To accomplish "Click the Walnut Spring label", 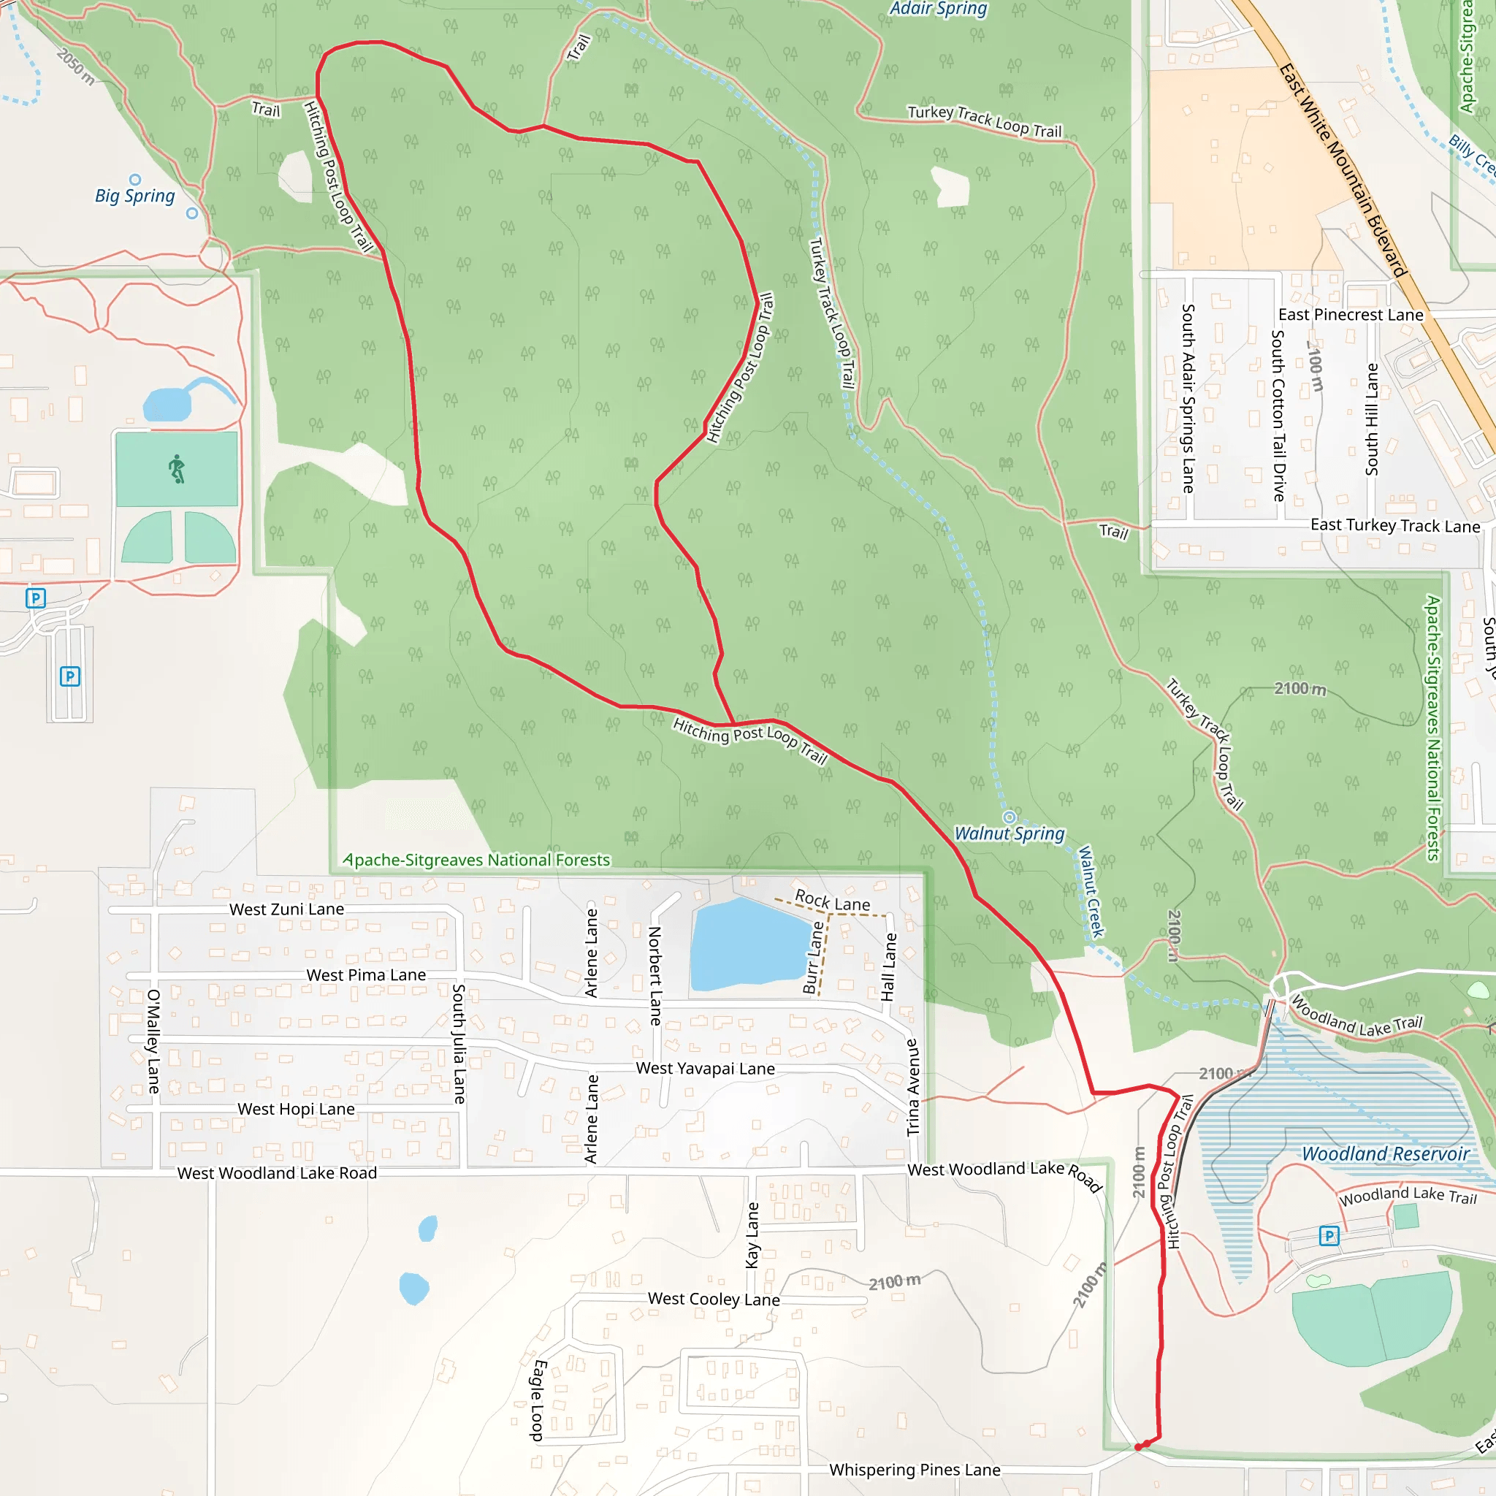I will coord(1009,834).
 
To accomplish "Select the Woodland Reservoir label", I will coord(1385,1153).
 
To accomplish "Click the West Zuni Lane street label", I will coord(286,909).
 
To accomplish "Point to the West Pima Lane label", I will coord(366,975).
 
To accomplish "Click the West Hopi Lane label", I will coord(296,1109).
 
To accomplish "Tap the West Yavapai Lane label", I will coord(705,1069).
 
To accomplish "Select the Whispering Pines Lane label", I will coord(915,1470).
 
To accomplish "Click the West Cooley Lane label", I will coord(713,1300).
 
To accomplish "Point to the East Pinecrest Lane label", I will coord(1351,314).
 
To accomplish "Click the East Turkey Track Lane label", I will coord(1394,526).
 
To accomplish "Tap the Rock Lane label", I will coord(833,901).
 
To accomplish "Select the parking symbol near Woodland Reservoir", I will coord(1329,1236).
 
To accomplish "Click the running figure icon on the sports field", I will coord(178,469).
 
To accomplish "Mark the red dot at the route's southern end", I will coord(1138,1446).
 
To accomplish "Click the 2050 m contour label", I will coord(75,66).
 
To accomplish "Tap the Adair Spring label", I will coord(938,9).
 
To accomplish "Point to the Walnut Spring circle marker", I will coord(1009,817).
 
